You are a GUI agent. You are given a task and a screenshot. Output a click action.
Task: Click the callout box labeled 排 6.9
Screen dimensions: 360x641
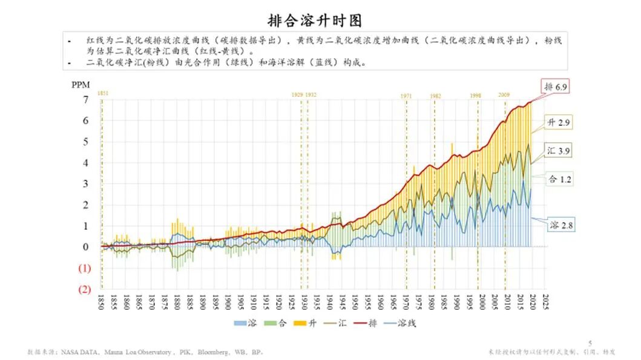[554, 87]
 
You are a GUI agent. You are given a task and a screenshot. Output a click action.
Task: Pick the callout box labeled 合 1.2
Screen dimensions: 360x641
[559, 179]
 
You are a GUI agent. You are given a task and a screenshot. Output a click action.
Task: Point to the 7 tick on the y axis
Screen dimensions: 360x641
[86, 99]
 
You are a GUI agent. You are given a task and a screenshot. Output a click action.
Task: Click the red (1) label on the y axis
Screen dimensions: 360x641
[85, 268]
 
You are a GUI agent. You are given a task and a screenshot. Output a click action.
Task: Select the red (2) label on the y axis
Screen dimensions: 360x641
[85, 289]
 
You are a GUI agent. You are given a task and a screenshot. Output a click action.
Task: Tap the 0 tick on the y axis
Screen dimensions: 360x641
[86, 247]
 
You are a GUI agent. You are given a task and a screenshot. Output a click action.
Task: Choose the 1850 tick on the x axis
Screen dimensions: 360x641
[101, 303]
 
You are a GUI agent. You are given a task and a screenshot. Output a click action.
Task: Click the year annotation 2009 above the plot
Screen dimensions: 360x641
[504, 96]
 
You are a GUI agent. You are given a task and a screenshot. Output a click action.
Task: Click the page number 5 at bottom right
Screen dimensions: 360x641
[590, 342]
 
